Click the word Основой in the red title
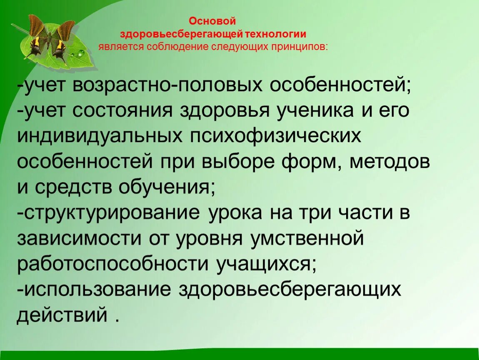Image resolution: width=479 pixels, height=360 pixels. (213, 21)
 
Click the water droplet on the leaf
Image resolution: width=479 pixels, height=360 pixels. (80, 53)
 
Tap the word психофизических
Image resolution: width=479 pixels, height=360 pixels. (276, 136)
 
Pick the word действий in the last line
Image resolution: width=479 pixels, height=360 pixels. (62, 315)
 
